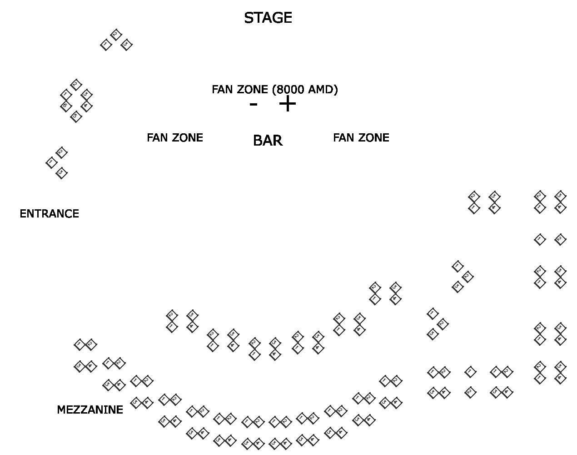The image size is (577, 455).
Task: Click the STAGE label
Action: [268, 18]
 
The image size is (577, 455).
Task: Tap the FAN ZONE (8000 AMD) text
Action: [274, 90]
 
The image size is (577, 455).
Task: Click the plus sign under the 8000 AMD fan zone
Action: [287, 104]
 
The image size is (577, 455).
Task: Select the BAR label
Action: [268, 141]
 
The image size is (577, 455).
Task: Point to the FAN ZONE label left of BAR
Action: [175, 138]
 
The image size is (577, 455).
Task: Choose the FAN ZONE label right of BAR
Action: [361, 138]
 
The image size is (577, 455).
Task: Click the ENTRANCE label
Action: [49, 214]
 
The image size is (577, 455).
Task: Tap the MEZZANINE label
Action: [90, 410]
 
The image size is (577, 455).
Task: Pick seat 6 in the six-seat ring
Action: [65, 106]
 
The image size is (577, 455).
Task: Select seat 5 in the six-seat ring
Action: [76, 117]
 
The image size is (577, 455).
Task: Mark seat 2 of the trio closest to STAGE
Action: [116, 34]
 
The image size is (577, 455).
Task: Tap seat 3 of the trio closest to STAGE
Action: [126, 45]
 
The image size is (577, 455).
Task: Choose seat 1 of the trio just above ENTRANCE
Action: [51, 162]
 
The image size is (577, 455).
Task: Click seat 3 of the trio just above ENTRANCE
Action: [61, 173]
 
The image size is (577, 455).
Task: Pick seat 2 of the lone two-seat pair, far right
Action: [561, 239]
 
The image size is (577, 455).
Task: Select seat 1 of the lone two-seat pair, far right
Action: [539, 239]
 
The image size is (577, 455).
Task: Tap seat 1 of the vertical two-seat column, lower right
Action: [470, 372]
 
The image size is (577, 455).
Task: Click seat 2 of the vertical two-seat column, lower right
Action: [470, 392]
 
